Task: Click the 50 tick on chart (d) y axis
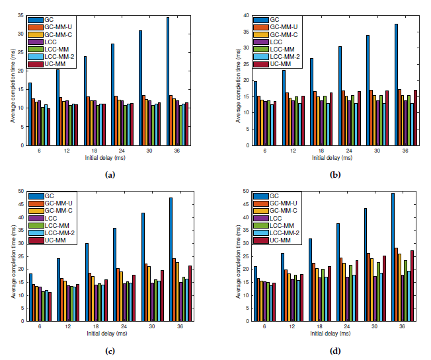[249, 192]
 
